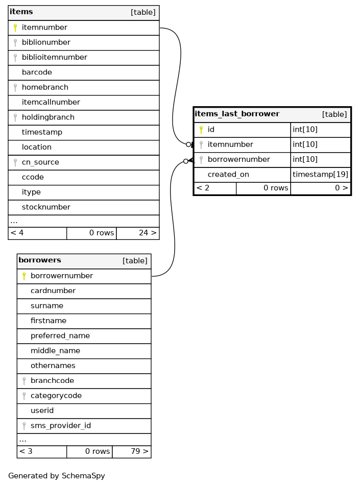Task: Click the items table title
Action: coord(18,12)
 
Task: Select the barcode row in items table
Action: coord(37,72)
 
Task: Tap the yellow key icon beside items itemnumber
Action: coord(15,28)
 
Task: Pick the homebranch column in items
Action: coord(45,87)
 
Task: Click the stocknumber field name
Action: coord(46,207)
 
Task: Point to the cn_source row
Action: coord(40,162)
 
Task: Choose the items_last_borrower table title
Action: coord(237,114)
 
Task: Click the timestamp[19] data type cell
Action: coord(320,175)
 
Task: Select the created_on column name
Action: coord(228,175)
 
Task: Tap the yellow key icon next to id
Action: coord(201,130)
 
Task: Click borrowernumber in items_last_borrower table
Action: coord(238,159)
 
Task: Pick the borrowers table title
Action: coord(40,260)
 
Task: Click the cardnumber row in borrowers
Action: coord(53,291)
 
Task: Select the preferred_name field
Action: coord(60,336)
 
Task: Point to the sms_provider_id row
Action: coord(61,426)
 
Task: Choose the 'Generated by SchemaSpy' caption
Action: coord(57,476)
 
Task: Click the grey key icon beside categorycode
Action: coord(24,396)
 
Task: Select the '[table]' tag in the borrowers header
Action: coord(135,261)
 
